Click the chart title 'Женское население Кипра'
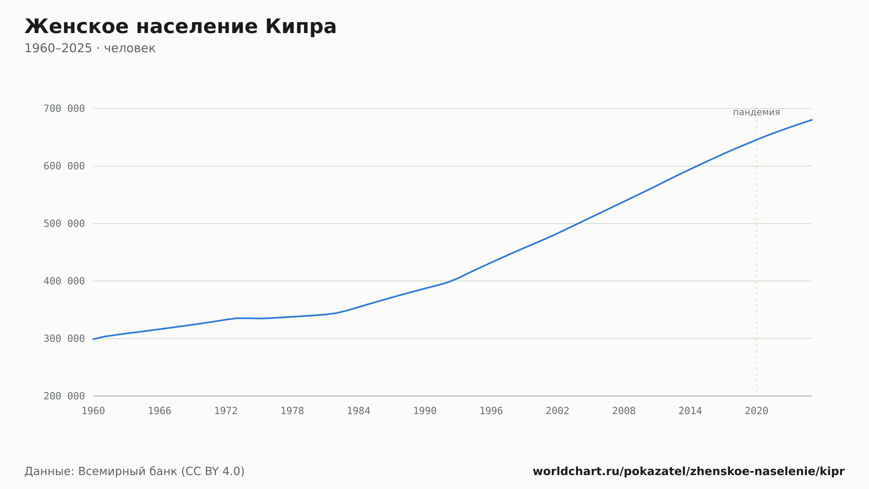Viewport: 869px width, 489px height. pyautogui.click(x=180, y=27)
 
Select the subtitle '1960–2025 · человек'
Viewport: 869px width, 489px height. pyautogui.click(x=90, y=48)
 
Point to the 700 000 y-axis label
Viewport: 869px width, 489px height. pyautogui.click(x=64, y=109)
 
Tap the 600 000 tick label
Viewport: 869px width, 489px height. pyautogui.click(x=64, y=166)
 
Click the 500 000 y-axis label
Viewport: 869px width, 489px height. pyautogui.click(x=64, y=224)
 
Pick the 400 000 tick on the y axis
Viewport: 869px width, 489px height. pyautogui.click(x=64, y=281)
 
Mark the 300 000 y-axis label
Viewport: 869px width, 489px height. pyautogui.click(x=64, y=338)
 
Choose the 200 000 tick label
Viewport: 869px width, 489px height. pyautogui.click(x=64, y=396)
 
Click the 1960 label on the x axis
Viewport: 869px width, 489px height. pyautogui.click(x=93, y=411)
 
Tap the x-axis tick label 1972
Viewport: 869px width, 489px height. pyautogui.click(x=226, y=411)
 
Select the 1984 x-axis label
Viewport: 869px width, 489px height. pyautogui.click(x=358, y=411)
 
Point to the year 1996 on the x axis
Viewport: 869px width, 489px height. pyautogui.click(x=491, y=411)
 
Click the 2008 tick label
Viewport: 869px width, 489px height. pyautogui.click(x=624, y=411)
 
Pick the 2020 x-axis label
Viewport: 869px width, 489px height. pyautogui.click(x=756, y=411)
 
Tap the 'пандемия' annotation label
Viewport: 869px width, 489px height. pyautogui.click(x=756, y=112)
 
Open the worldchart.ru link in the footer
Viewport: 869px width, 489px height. pyautogui.click(x=689, y=472)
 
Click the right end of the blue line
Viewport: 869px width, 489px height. pyautogui.click(x=812, y=120)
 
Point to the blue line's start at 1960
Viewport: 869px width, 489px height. pyautogui.click(x=93, y=339)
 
